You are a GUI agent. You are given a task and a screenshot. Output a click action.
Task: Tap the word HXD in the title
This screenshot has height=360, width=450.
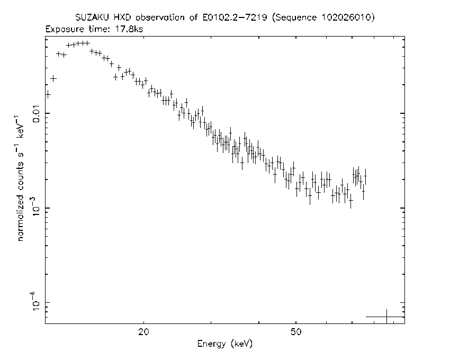122,17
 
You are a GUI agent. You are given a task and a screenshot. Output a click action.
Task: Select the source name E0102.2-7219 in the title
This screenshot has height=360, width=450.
235,17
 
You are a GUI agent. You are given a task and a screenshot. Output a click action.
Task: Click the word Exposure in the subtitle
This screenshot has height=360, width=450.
65,30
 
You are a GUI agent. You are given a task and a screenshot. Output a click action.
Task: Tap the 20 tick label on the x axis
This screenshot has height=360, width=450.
143,332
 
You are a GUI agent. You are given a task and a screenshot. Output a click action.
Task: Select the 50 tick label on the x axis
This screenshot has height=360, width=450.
295,332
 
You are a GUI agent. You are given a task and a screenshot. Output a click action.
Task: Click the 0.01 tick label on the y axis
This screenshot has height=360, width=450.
37,114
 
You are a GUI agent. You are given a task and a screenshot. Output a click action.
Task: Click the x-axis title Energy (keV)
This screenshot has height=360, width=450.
224,344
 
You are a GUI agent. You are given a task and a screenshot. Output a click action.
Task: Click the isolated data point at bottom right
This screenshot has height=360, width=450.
386,317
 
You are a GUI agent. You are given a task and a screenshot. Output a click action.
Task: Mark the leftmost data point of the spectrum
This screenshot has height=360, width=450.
48,94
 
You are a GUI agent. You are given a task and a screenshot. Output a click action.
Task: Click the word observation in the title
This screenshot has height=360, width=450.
160,17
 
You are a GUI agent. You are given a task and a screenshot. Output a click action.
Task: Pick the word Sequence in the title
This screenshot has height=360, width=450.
294,18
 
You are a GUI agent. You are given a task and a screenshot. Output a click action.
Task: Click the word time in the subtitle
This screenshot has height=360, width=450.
97,29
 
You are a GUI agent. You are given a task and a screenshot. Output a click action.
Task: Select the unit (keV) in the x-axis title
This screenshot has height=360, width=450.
242,344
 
